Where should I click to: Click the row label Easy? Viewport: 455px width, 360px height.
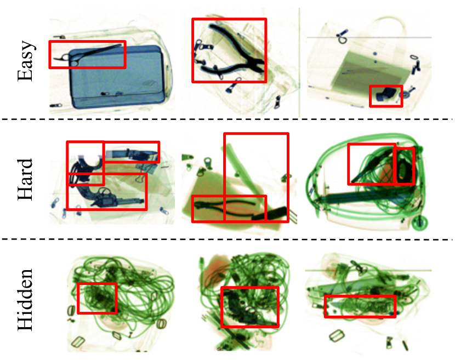(25, 61)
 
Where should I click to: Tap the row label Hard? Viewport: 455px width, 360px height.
(25, 179)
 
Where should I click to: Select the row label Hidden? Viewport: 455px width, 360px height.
(25, 299)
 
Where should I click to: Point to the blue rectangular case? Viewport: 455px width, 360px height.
(117, 77)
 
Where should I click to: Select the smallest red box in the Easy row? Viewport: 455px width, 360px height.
(386, 96)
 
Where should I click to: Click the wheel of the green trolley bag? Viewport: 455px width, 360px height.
(419, 223)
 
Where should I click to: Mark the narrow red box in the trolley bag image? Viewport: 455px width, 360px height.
(403, 166)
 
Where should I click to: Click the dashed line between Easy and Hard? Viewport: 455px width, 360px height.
(228, 119)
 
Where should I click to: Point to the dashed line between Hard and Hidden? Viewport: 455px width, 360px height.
(228, 239)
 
